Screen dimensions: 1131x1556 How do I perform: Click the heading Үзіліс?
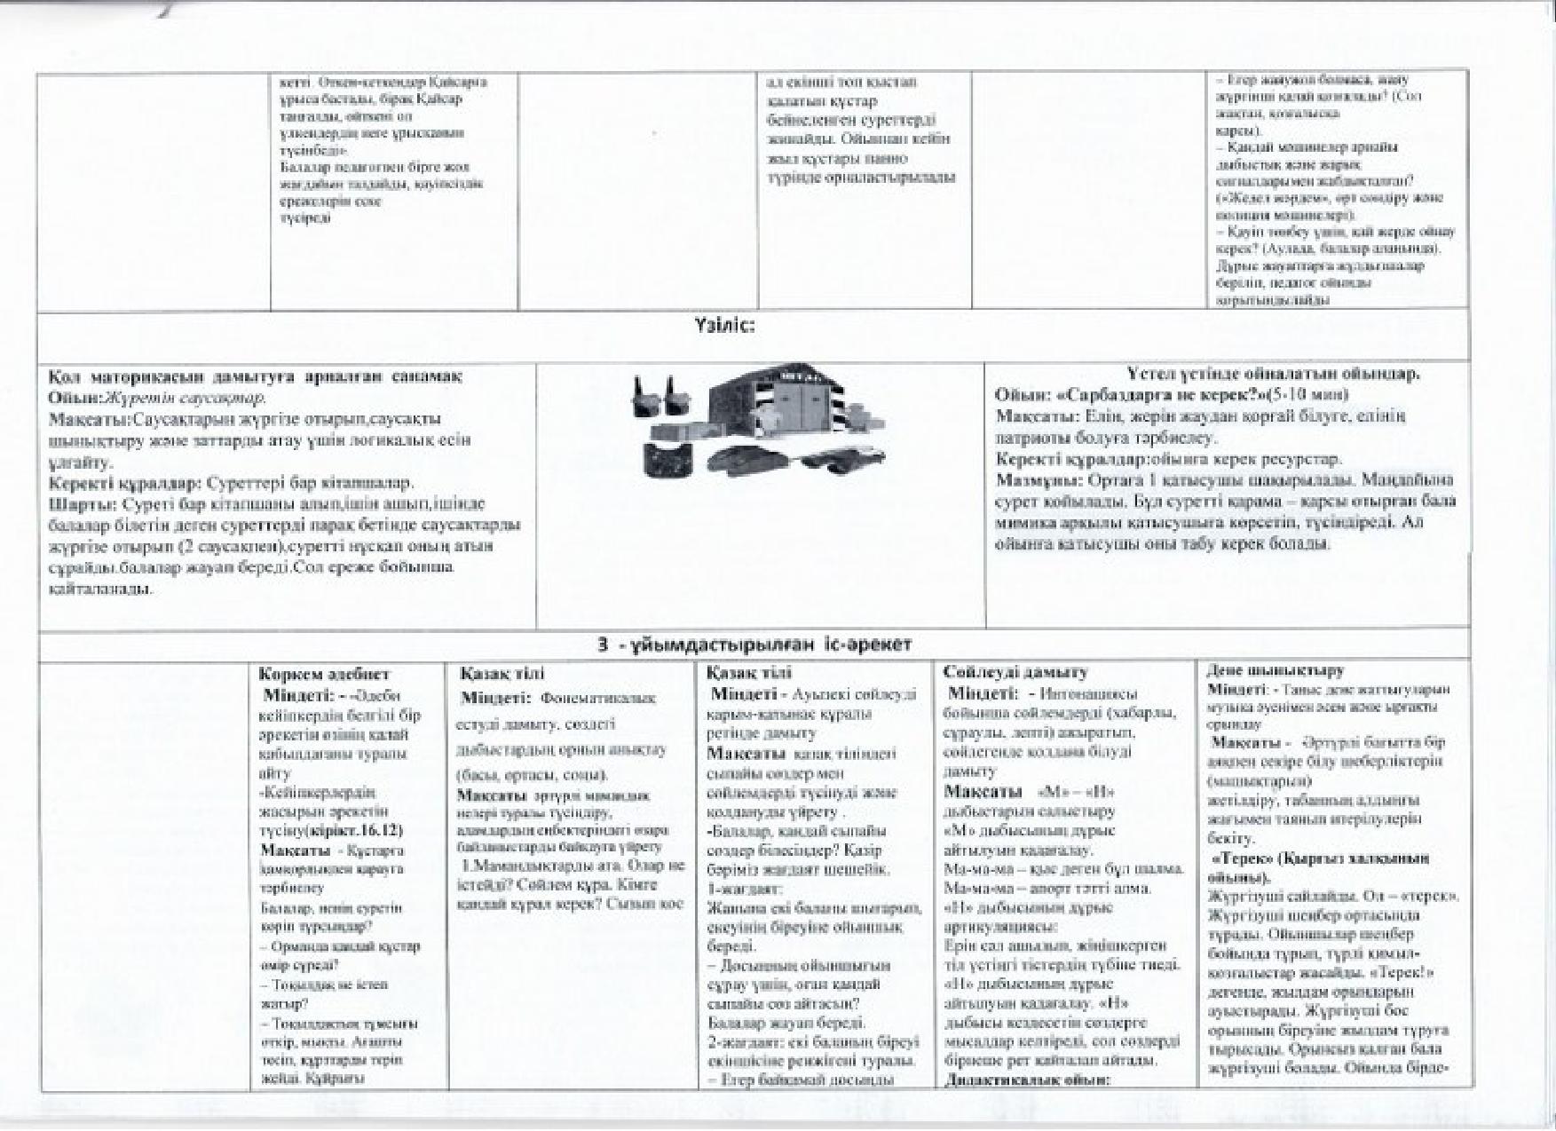724,327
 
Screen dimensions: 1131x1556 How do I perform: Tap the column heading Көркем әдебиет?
324,675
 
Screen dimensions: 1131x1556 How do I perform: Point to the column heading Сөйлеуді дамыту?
1015,672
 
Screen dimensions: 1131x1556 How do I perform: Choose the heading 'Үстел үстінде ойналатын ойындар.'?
1273,374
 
